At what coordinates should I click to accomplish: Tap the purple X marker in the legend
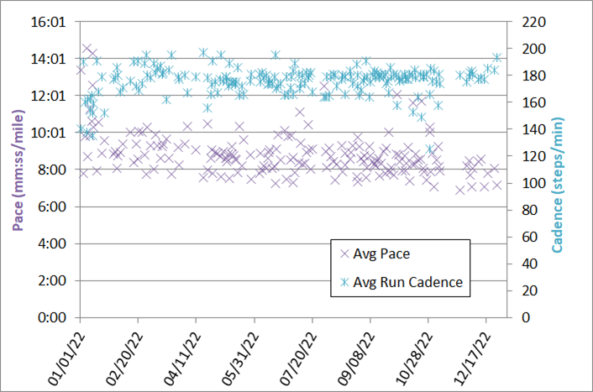click(344, 253)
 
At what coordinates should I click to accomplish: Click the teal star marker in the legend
click(344, 282)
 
